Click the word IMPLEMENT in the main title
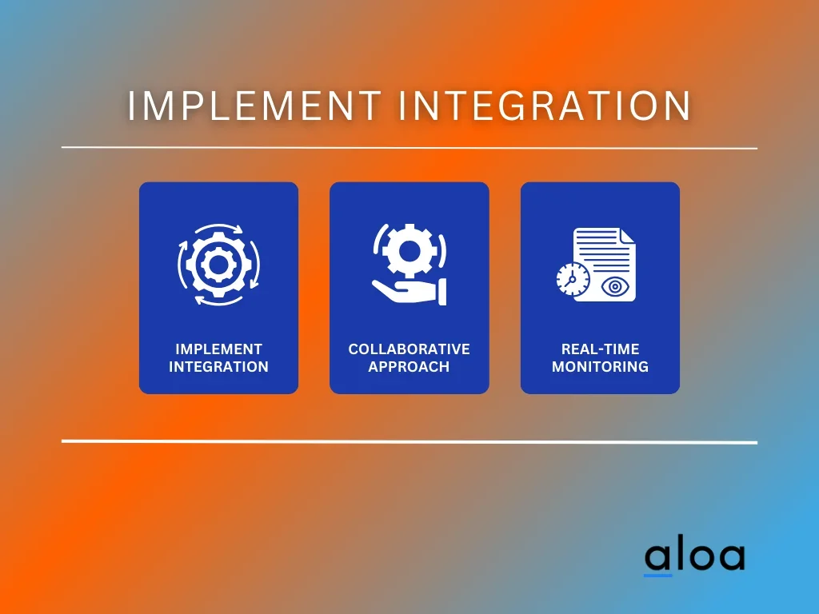(254, 106)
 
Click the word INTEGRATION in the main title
(545, 106)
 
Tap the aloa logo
(695, 557)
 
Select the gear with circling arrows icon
(219, 265)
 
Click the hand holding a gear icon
(409, 264)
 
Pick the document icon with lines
(605, 264)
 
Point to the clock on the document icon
(573, 279)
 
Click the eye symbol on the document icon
(615, 287)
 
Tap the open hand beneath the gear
(409, 292)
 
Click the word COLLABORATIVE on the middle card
(409, 349)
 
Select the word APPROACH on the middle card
(409, 367)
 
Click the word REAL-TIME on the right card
(600, 349)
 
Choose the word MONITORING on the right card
(600, 367)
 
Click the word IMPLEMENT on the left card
(219, 349)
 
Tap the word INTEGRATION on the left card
(219, 367)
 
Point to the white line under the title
(409, 148)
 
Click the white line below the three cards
(409, 441)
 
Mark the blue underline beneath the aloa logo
(657, 576)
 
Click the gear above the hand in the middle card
(409, 251)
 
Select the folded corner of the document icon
(627, 236)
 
